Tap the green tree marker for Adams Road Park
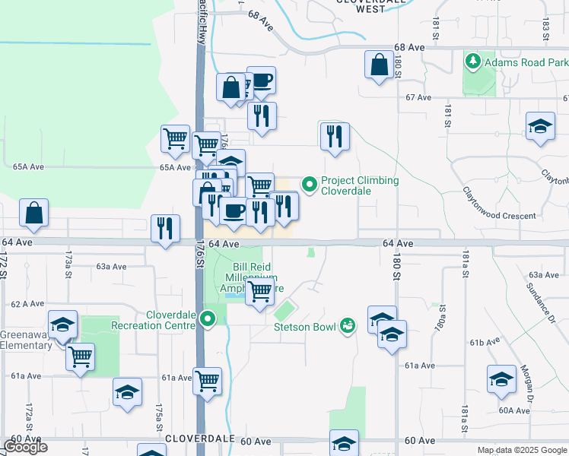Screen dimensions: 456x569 [472, 61]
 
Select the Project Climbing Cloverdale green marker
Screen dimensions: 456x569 [310, 185]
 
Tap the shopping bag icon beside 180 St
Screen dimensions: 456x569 [379, 65]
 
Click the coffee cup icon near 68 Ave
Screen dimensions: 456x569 [261, 81]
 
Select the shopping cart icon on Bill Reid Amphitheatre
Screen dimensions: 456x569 [260, 291]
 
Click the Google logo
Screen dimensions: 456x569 [25, 447]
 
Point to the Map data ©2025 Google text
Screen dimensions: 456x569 [522, 450]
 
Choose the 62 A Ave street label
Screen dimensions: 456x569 [28, 303]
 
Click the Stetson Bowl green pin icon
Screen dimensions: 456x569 [348, 325]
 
